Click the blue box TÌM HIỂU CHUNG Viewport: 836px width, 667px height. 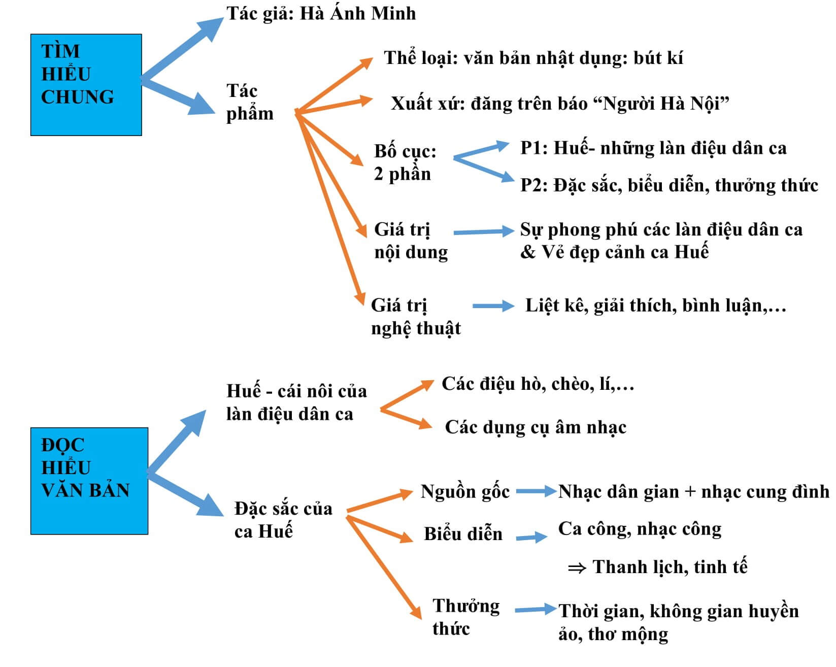tap(86, 84)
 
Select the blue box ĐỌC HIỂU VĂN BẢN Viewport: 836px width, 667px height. tap(89, 480)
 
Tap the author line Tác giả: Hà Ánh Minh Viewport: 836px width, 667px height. tap(321, 14)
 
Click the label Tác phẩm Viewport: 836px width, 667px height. tap(249, 102)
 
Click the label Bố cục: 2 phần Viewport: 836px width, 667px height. tap(405, 162)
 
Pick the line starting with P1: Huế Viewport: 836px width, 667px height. tap(653, 148)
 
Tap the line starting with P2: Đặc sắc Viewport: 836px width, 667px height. tap(669, 185)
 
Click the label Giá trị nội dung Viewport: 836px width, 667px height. tap(411, 241)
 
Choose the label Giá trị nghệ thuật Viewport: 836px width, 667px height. tap(415, 317)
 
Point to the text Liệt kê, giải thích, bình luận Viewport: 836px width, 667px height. tap(655, 306)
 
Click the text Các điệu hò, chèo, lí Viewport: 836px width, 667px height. tap(538, 384)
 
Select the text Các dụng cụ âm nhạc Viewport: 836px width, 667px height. tap(535, 427)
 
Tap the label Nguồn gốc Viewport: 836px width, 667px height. tap(465, 491)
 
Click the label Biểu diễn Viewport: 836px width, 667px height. tap(463, 534)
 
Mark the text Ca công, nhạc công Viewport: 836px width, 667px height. tap(640, 529)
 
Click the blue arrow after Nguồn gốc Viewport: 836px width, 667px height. tap(536, 491)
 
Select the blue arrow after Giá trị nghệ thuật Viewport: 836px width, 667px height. tap(493, 306)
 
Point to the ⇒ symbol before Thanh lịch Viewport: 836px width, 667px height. tap(577, 568)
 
